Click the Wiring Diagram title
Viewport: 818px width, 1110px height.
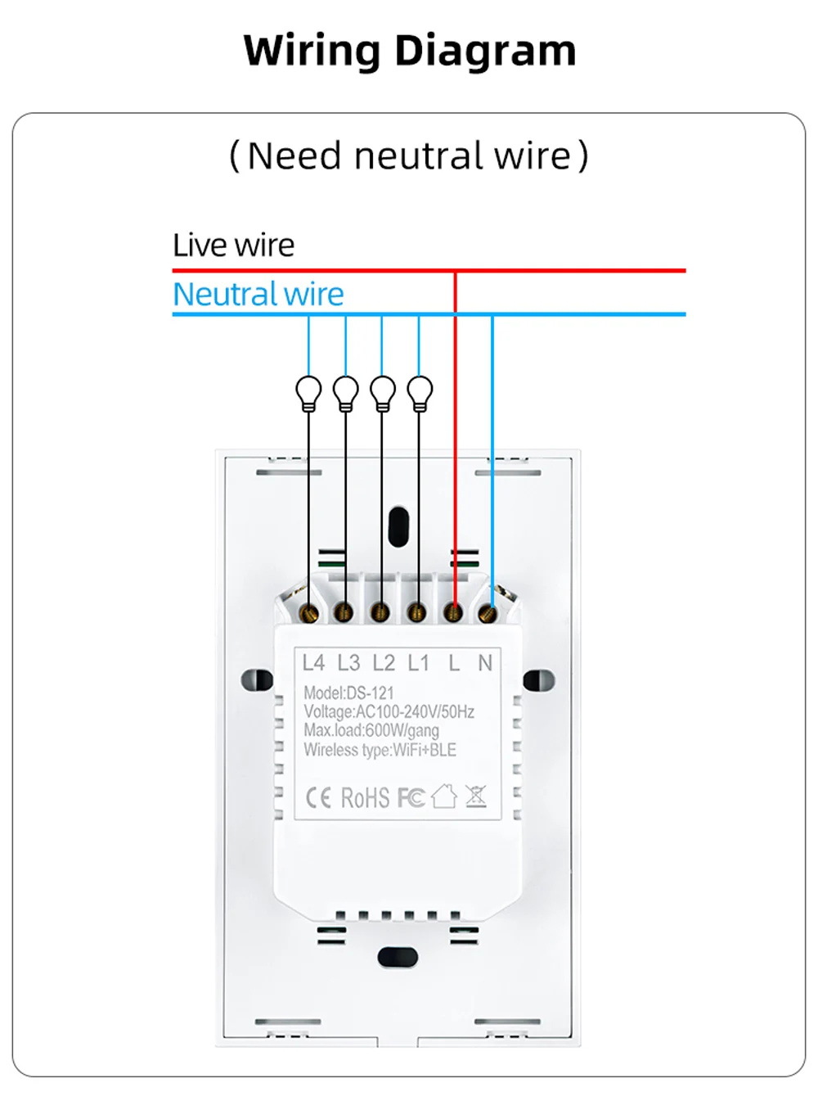coord(410,51)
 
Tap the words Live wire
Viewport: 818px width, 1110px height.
coord(233,245)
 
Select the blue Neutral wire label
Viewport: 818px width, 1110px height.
coord(258,294)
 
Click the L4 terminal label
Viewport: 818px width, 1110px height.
coord(313,662)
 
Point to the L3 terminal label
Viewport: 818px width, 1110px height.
coord(348,662)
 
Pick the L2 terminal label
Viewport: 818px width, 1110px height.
coord(384,662)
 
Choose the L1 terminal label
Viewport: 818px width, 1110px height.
coord(418,662)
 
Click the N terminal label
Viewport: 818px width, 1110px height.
coord(485,662)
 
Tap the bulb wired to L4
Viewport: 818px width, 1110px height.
coord(309,392)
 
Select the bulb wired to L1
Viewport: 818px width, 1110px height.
coord(420,392)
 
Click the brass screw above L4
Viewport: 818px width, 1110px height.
coord(309,611)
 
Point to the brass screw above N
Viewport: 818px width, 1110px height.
coord(488,611)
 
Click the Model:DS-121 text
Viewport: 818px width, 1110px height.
coord(348,693)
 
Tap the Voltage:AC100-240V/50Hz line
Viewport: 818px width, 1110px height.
coord(389,711)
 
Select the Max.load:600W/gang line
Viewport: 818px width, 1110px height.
coord(371,730)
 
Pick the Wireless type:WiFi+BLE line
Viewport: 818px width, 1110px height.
coord(380,749)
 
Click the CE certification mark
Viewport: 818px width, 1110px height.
coord(317,797)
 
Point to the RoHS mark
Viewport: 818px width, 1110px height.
coord(365,797)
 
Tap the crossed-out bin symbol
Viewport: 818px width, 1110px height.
coord(476,796)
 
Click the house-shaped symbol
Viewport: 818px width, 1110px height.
coord(443,796)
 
